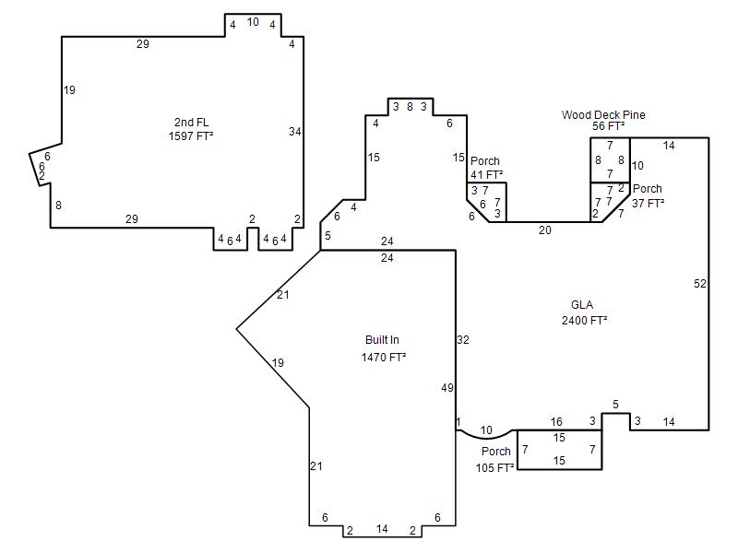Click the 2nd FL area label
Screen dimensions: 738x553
pyautogui.click(x=192, y=123)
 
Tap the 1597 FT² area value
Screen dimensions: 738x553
pyautogui.click(x=191, y=135)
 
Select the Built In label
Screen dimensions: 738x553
pyautogui.click(x=382, y=340)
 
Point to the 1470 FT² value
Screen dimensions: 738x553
pyautogui.click(x=384, y=358)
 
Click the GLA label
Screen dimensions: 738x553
pyautogui.click(x=582, y=305)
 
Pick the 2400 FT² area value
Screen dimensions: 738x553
pyautogui.click(x=585, y=320)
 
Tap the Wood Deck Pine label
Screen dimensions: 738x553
pyautogui.click(x=603, y=114)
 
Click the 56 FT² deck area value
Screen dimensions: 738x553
pyautogui.click(x=609, y=126)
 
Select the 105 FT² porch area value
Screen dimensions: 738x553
pyautogui.click(x=494, y=468)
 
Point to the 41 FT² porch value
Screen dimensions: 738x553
pyautogui.click(x=487, y=174)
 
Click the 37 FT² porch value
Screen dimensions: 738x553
pyautogui.click(x=649, y=203)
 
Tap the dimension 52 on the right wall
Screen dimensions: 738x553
pyautogui.click(x=700, y=284)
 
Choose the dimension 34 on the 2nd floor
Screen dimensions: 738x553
pyautogui.click(x=295, y=132)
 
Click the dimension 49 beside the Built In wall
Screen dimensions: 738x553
pyautogui.click(x=447, y=388)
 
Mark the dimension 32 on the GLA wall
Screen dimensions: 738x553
pyautogui.click(x=463, y=340)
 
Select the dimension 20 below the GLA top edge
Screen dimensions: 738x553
pyautogui.click(x=545, y=229)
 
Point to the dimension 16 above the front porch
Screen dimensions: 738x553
pyautogui.click(x=556, y=422)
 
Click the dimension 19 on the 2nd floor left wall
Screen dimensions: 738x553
pyautogui.click(x=69, y=89)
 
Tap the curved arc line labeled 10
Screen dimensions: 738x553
pyautogui.click(x=487, y=439)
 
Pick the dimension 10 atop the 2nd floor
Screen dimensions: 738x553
pyautogui.click(x=253, y=22)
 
